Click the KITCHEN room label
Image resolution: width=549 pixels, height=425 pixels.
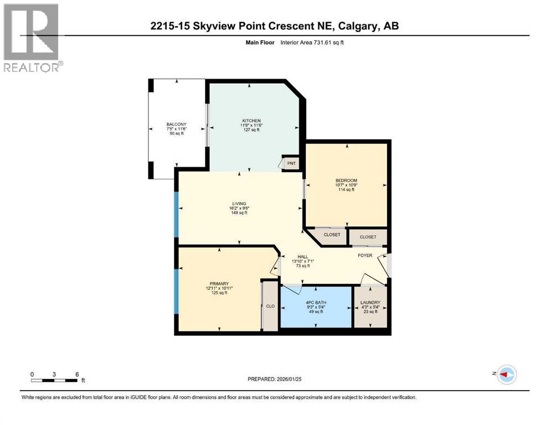[x=250, y=121]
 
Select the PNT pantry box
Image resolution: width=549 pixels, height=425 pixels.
[x=291, y=163]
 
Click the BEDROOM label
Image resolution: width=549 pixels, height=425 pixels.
[x=346, y=180]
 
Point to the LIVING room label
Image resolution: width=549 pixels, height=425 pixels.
[x=239, y=204]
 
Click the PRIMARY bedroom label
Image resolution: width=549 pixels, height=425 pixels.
[x=219, y=283]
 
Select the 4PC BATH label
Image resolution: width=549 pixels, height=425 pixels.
[x=316, y=302]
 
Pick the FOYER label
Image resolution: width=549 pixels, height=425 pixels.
[x=365, y=255]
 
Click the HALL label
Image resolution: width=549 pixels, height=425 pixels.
[x=302, y=256]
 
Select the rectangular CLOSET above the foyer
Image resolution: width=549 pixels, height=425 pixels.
[x=368, y=237]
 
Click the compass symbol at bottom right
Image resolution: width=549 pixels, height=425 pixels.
[x=506, y=375]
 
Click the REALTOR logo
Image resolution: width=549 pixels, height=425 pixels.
[x=32, y=38]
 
